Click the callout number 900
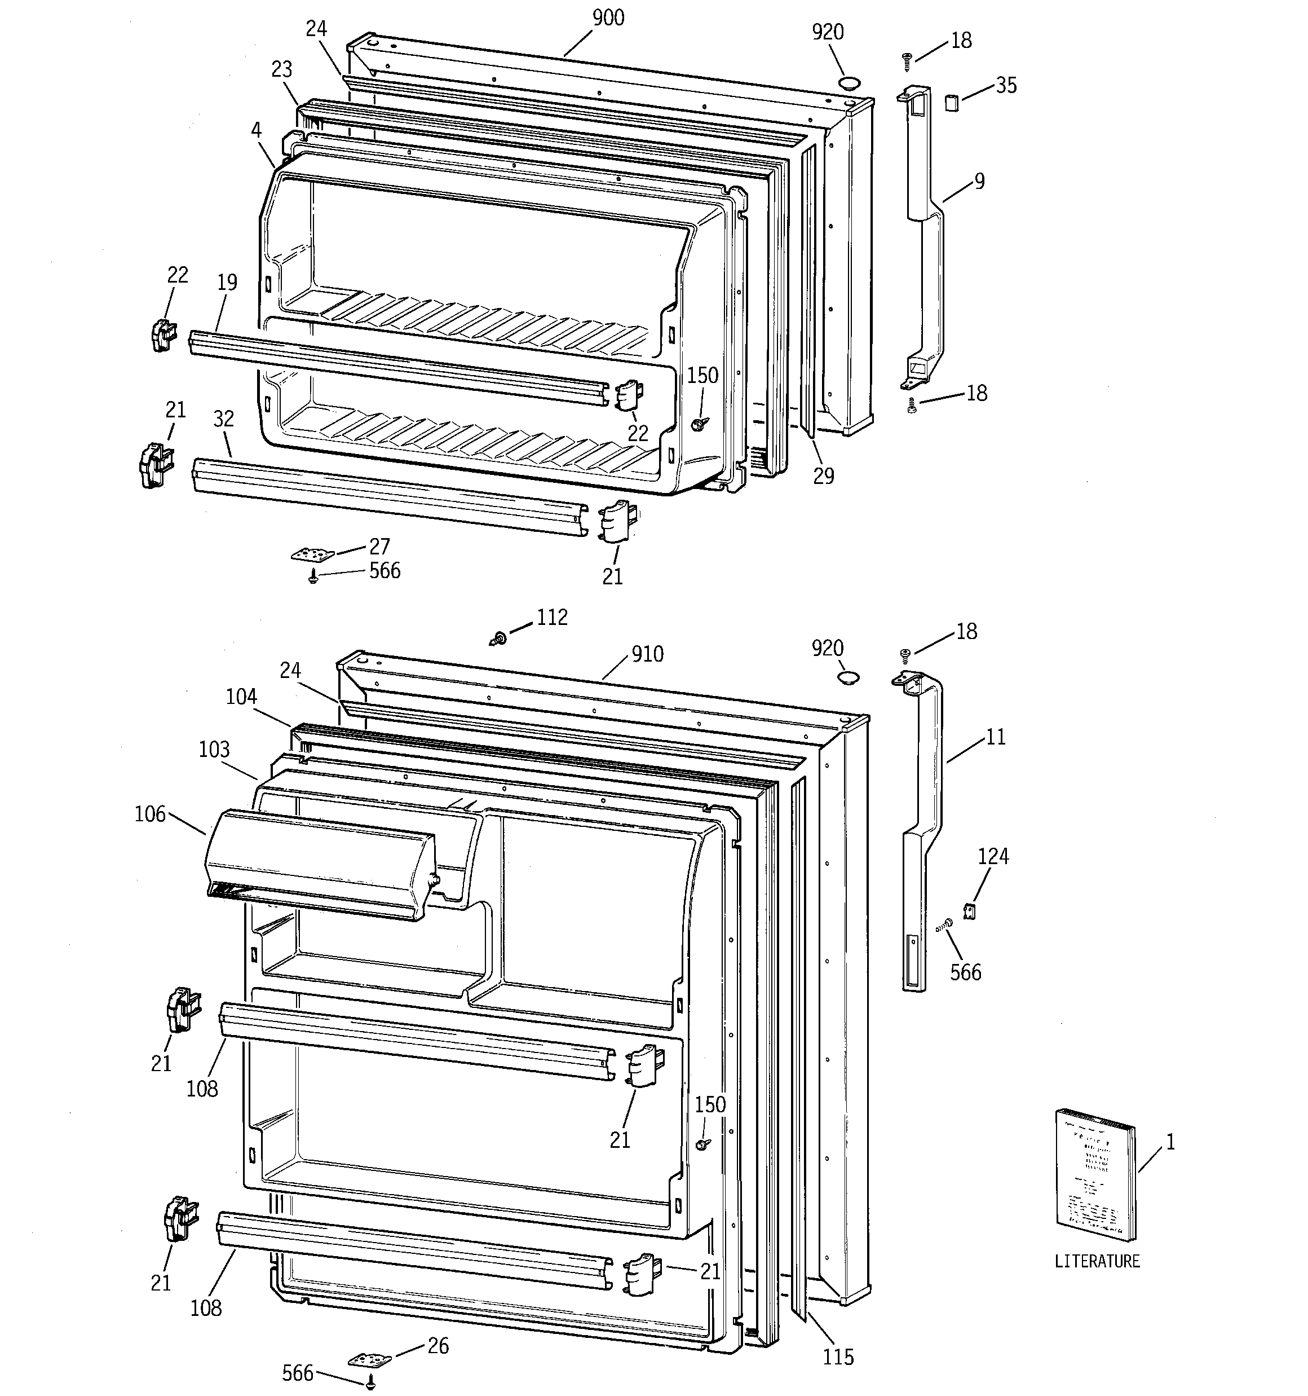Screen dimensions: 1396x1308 [x=607, y=18]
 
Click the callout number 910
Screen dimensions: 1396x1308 [x=647, y=654]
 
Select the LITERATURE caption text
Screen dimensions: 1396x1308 [x=1097, y=1261]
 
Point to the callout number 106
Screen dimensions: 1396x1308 [x=150, y=814]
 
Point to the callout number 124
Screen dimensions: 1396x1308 [x=993, y=856]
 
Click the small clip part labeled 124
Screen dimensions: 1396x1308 [x=970, y=911]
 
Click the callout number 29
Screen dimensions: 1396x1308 [x=824, y=475]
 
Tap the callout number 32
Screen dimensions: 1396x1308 [x=223, y=419]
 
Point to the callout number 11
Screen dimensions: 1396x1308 [x=996, y=737]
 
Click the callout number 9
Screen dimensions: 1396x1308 [x=979, y=181]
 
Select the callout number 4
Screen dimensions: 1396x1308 [x=257, y=130]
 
